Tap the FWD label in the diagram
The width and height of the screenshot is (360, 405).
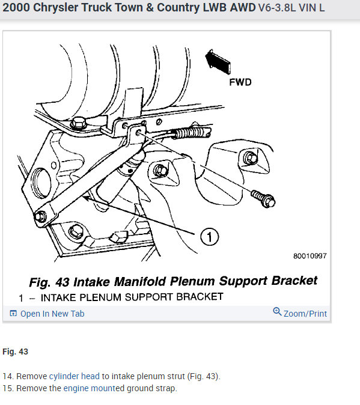pyautogui.click(x=240, y=82)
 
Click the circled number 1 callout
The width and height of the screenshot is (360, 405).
pyautogui.click(x=210, y=238)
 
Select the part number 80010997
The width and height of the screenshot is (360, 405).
pyautogui.click(x=310, y=256)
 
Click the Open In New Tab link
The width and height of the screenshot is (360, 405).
pyautogui.click(x=52, y=314)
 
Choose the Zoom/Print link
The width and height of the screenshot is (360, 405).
pyautogui.click(x=305, y=314)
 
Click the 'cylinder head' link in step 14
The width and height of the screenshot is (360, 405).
pyautogui.click(x=75, y=376)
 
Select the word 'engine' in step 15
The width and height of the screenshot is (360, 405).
pyautogui.click(x=76, y=388)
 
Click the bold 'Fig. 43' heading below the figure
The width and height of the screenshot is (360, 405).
pyautogui.click(x=16, y=351)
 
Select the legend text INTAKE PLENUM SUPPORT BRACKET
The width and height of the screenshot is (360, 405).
pyautogui.click(x=133, y=297)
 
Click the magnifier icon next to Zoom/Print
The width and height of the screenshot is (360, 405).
pyautogui.click(x=277, y=312)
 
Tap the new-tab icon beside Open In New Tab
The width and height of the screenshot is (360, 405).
pyautogui.click(x=13, y=314)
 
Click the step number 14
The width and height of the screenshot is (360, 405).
pyautogui.click(x=7, y=376)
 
